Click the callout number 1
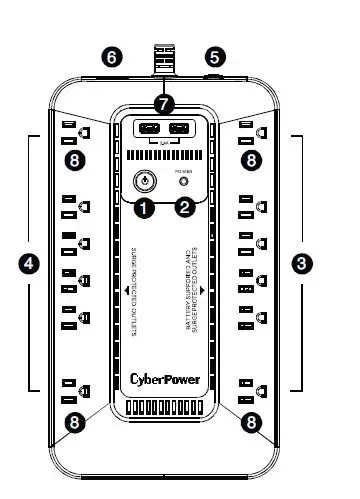[x=146, y=208]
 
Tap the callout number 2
[x=185, y=208]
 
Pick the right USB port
[x=180, y=129]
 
